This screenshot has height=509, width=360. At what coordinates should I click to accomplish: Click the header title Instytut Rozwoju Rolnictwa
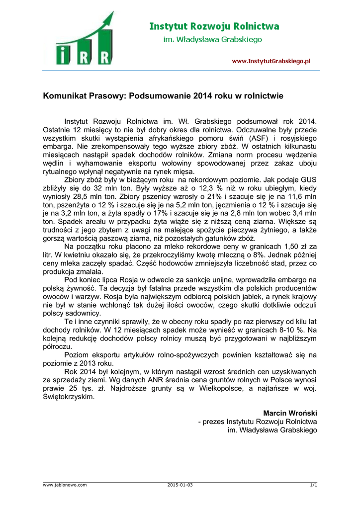click(214, 27)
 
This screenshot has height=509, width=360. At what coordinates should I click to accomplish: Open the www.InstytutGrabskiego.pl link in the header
click(271, 61)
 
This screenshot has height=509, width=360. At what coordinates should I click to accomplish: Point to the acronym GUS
click(309, 179)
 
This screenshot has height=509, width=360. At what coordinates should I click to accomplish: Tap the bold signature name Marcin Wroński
click(290, 414)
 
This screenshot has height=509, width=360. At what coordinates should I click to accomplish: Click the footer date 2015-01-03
click(180, 485)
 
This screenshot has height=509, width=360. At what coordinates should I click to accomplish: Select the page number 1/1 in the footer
click(313, 485)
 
